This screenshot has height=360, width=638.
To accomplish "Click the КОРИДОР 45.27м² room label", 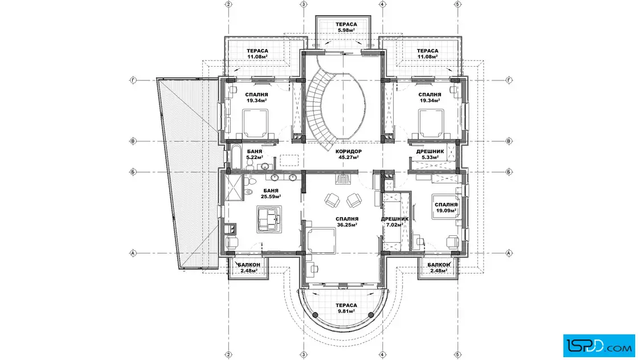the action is [x=348, y=154].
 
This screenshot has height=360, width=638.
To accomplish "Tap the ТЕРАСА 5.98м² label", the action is [x=346, y=27].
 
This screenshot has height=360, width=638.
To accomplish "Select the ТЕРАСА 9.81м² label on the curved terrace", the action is [x=346, y=308].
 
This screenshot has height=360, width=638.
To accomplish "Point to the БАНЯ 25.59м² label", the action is [x=271, y=193].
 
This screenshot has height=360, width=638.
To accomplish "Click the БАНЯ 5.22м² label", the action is [x=254, y=154].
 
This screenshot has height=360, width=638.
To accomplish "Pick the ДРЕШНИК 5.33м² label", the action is [x=430, y=154].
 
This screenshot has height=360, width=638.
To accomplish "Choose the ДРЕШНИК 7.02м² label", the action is [x=395, y=222].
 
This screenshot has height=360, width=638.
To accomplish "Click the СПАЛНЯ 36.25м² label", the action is [x=347, y=222].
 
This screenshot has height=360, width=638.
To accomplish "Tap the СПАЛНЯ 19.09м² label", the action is [x=447, y=207].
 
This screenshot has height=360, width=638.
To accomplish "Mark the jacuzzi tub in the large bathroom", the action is [x=269, y=219].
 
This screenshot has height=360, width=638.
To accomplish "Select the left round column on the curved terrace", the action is [x=315, y=315].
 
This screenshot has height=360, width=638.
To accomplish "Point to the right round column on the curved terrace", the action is [x=371, y=315].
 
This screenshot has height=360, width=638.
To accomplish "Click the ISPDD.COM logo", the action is [x=599, y=346].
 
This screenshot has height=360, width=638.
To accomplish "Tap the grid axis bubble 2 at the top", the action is [x=228, y=4].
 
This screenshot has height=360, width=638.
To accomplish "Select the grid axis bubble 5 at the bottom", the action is [x=458, y=355].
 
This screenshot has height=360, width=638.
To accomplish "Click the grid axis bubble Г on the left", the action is [x=133, y=80].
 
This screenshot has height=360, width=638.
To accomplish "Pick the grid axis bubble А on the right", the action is [x=509, y=253].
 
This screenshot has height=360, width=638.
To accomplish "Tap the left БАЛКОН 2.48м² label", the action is [x=248, y=268].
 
